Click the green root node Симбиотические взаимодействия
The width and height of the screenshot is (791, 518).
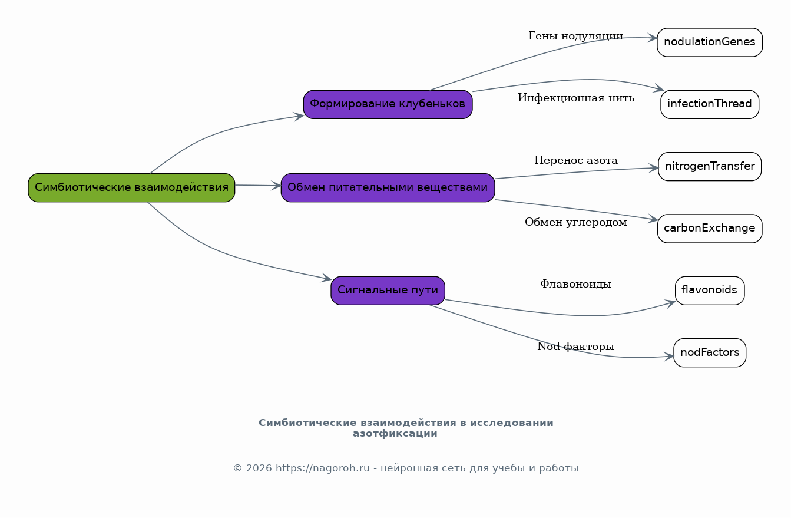131,187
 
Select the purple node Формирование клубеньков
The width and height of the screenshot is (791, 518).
388,104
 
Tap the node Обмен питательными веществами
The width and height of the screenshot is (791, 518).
388,187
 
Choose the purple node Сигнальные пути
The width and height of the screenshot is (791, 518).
388,291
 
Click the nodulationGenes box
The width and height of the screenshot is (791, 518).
710,42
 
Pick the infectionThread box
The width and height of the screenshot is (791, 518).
710,104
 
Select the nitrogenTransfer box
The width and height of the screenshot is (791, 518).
710,166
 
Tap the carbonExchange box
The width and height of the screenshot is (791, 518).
710,229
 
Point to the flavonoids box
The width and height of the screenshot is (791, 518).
710,291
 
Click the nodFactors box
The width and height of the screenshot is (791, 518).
710,352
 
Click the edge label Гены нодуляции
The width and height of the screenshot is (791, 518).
575,36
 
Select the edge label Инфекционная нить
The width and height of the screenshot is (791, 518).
576,98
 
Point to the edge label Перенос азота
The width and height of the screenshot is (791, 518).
576,160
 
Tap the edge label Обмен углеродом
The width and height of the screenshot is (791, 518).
576,222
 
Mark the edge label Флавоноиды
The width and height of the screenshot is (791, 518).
575,284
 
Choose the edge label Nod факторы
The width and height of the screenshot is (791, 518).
575,347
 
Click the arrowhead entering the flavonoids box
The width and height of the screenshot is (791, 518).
670,303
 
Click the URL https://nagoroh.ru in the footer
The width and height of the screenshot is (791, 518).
322,468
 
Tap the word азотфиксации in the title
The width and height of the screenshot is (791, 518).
395,434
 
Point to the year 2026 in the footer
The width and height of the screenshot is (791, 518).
259,468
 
